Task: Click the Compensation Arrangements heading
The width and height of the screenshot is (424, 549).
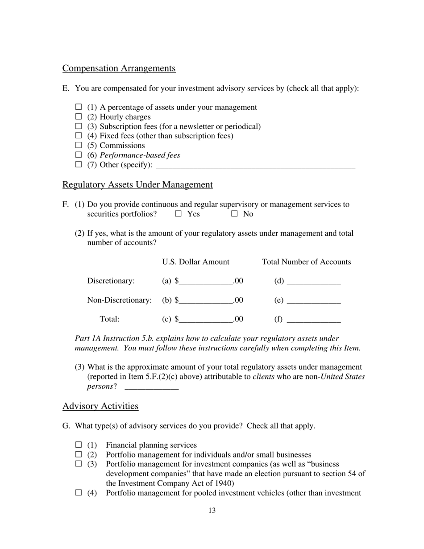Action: click(x=119, y=68)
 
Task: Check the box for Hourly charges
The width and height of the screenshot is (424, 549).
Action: click(x=79, y=116)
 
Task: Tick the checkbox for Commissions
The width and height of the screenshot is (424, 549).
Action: click(x=79, y=145)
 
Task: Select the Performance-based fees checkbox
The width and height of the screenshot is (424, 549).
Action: click(x=79, y=155)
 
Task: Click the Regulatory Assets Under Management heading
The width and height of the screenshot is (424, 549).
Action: click(x=137, y=185)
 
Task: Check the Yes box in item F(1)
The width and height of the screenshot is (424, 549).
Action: click(x=179, y=214)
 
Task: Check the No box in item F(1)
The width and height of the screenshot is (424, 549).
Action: click(x=235, y=214)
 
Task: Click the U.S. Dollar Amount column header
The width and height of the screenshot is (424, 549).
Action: click(x=195, y=262)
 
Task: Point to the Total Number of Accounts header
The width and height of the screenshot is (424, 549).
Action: click(x=306, y=262)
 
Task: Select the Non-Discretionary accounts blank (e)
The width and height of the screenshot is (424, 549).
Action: click(x=314, y=300)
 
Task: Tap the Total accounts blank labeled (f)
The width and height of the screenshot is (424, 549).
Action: click(x=314, y=319)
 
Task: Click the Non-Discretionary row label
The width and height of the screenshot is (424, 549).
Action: click(x=119, y=300)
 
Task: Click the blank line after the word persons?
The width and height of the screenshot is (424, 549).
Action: click(x=152, y=387)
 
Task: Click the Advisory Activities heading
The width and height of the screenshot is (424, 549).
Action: click(x=100, y=406)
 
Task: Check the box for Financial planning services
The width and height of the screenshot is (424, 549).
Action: click(x=79, y=445)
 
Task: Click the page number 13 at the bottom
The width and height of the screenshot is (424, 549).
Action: click(x=212, y=511)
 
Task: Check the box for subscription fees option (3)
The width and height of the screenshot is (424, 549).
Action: click(x=79, y=126)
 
